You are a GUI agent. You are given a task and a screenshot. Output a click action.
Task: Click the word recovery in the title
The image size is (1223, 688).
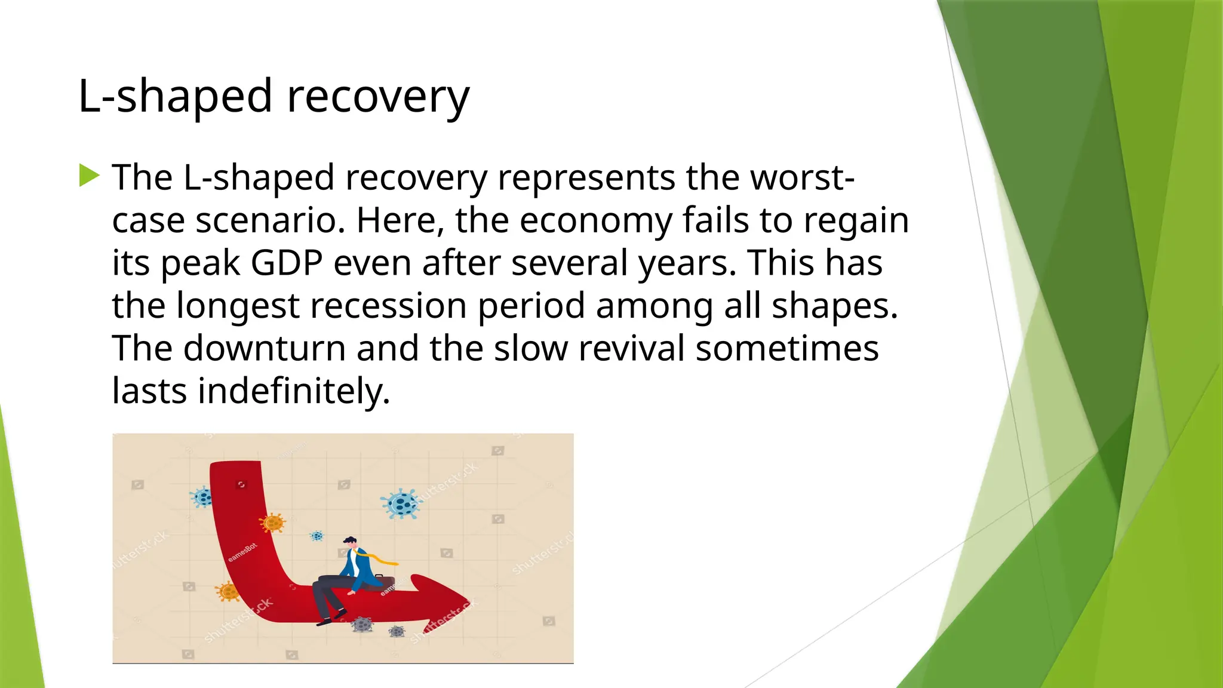click(378, 97)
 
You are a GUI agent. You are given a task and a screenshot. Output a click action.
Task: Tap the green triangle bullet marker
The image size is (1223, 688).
click(89, 176)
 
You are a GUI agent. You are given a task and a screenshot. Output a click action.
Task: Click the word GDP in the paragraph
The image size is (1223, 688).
click(287, 263)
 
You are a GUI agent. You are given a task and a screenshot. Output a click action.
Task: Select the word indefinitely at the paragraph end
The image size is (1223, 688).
click(293, 391)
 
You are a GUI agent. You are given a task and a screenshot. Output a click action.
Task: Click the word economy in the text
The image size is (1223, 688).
click(595, 220)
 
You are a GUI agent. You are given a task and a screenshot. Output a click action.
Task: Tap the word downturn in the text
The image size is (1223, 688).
click(264, 348)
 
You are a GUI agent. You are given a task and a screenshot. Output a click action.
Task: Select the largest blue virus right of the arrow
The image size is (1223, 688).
click(401, 503)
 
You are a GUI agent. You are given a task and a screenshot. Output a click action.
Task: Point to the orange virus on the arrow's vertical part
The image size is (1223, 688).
click(273, 523)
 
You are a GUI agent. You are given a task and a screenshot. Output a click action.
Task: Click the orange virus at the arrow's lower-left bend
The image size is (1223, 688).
click(228, 591)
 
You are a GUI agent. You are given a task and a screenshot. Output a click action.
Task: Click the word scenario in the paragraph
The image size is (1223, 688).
click(271, 220)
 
